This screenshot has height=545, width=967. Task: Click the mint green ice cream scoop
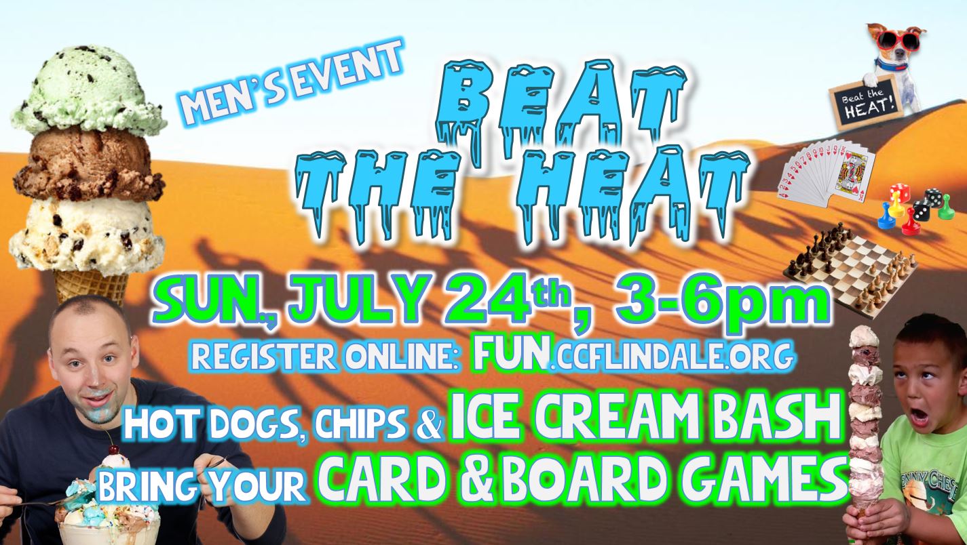pos(88,88)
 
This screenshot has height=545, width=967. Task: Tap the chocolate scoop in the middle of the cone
pos(88,166)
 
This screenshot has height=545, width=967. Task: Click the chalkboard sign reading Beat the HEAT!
pos(865,102)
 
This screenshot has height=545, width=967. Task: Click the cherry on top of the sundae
pos(114,449)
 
